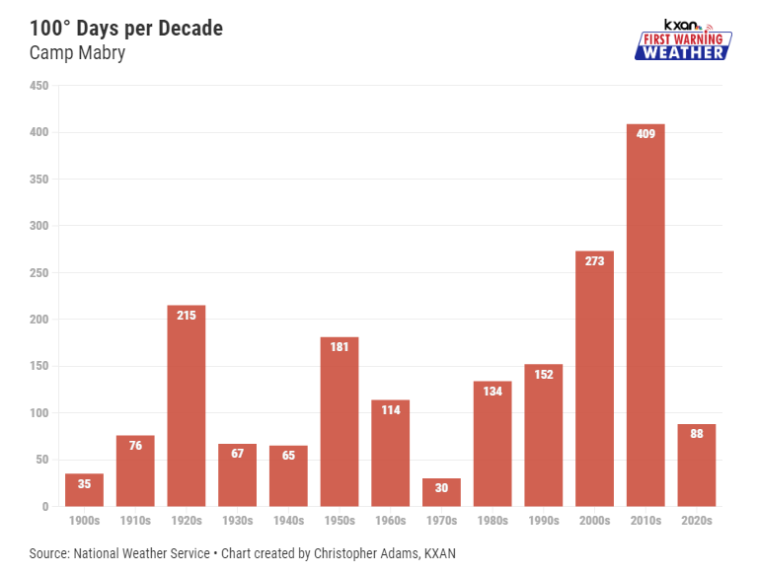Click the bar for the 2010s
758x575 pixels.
645,316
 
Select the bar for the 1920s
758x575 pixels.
187,406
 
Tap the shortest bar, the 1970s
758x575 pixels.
442,492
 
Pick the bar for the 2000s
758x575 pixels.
594,379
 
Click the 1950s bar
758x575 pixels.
340,422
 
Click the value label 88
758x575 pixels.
697,434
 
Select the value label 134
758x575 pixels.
493,391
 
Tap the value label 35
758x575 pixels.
85,484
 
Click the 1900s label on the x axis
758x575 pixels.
85,521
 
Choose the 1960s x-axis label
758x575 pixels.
391,521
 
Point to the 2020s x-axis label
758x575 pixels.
697,521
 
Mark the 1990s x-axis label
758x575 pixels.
544,521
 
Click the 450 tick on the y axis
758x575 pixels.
39,86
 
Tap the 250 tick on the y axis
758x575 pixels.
39,273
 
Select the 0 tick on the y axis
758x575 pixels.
45,507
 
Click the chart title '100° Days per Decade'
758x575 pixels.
126,28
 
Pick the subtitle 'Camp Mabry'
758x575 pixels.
77,53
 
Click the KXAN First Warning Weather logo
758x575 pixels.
682,40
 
